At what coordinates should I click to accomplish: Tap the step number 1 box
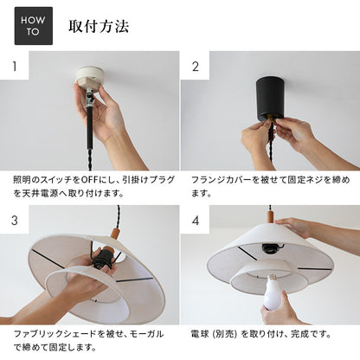click(14, 67)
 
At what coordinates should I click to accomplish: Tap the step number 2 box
click(195, 67)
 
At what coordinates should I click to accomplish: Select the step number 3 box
click(14, 220)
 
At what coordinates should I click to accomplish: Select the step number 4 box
click(195, 220)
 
